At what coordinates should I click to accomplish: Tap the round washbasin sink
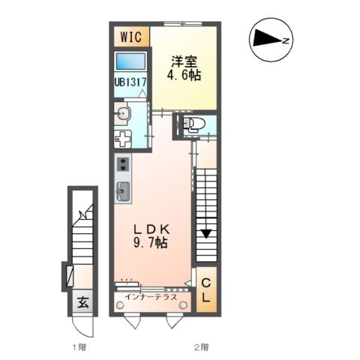tap(124, 113)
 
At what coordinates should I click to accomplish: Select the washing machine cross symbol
tap(123, 138)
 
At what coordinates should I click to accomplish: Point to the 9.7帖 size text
tap(151, 245)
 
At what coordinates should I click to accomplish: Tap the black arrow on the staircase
tap(205, 233)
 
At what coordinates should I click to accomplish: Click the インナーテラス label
tap(151, 297)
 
